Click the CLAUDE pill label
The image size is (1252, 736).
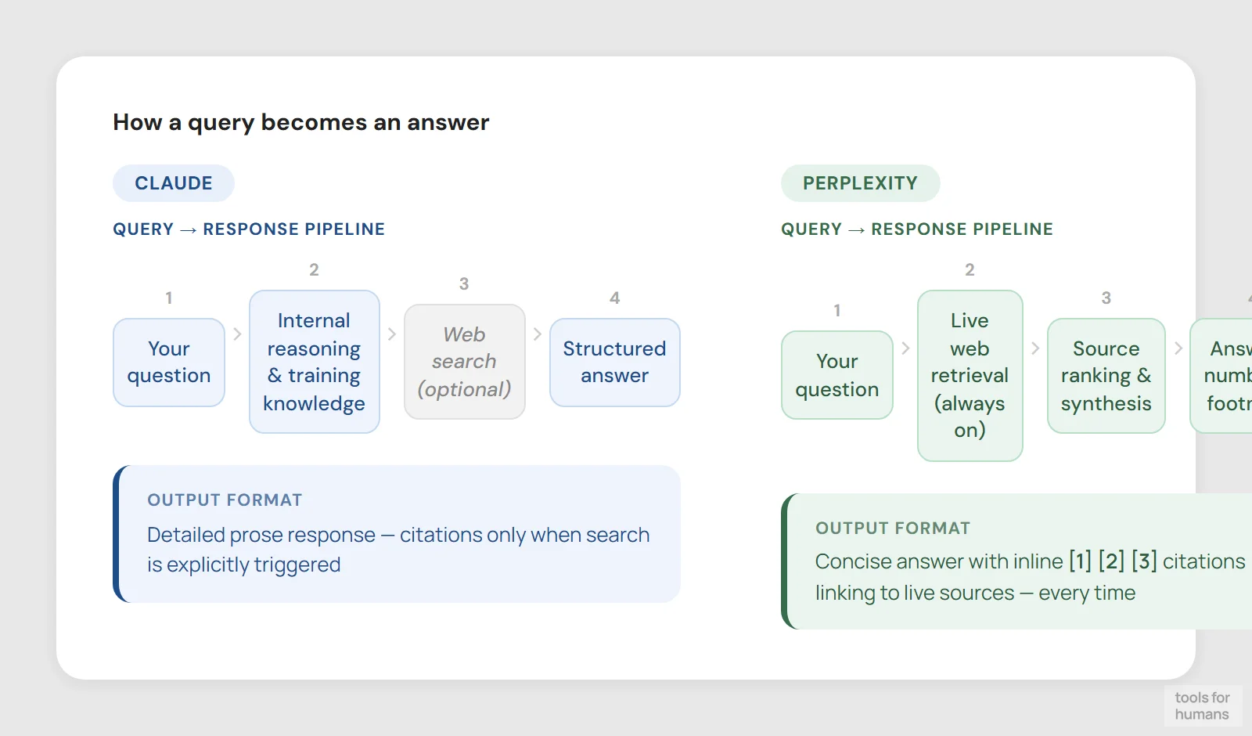click(x=173, y=183)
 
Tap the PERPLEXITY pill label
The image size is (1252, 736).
click(x=860, y=183)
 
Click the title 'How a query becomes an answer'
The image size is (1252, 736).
click(x=300, y=122)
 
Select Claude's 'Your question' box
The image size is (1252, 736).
click(x=169, y=363)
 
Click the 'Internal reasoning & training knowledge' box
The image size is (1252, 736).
click(x=314, y=362)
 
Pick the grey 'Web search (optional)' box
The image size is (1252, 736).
click(x=464, y=362)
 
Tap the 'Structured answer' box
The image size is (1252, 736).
click(x=614, y=363)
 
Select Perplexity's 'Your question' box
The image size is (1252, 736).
click(x=836, y=375)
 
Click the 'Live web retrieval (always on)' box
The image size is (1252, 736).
click(x=970, y=376)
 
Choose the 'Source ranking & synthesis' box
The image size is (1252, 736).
click(x=1106, y=376)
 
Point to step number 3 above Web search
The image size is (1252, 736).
click(x=464, y=283)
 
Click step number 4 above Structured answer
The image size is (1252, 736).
click(x=614, y=298)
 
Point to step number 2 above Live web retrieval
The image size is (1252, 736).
click(x=970, y=269)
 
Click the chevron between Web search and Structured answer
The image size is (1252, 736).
click(x=538, y=334)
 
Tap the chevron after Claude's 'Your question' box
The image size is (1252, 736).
click(x=237, y=334)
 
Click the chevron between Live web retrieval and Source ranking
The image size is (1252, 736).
click(x=1035, y=348)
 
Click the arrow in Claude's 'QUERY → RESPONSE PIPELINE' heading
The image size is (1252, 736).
click(x=188, y=229)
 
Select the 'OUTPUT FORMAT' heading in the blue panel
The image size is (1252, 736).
click(x=225, y=500)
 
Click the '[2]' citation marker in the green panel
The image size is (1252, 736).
click(x=1111, y=561)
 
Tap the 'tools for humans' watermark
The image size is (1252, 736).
click(x=1202, y=705)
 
